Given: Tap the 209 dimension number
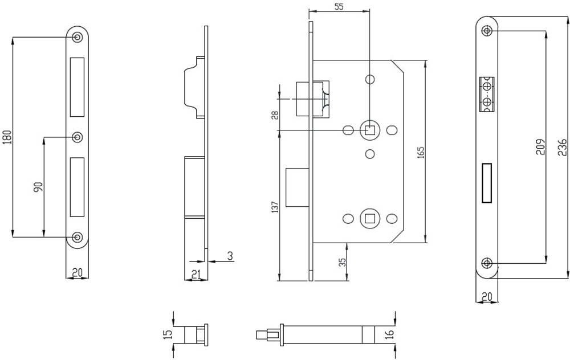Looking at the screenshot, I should [x=541, y=147].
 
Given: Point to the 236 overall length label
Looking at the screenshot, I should [x=561, y=147].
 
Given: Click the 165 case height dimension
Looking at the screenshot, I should [x=421, y=152].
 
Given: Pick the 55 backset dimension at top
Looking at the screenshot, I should [x=339, y=7].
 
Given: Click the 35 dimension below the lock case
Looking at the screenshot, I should [x=342, y=263].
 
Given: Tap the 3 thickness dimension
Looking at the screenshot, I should [x=230, y=256].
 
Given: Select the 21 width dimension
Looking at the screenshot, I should [x=196, y=275].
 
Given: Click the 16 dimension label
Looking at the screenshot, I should [x=390, y=334].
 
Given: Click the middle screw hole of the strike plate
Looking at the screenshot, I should [x=78, y=137].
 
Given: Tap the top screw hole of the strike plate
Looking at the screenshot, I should [x=78, y=37].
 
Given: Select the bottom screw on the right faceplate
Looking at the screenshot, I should [x=487, y=263].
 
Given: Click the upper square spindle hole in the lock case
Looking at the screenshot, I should [x=369, y=130].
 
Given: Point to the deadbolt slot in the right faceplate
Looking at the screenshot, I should [x=487, y=183].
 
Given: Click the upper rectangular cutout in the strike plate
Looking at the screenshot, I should [x=78, y=85].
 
